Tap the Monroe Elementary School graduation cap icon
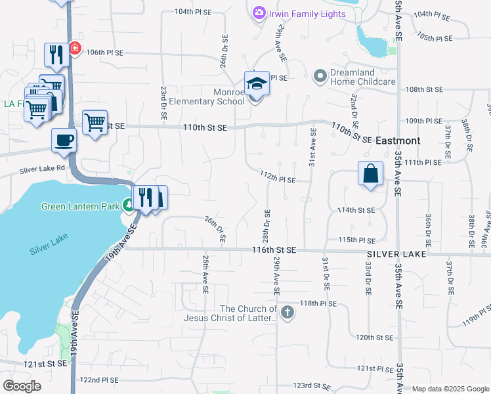point(257,84)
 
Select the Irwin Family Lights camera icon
point(259,12)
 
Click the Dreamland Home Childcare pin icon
point(320,76)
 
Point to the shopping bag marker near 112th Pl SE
point(370,174)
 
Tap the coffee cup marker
point(64,140)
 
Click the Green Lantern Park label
point(80,206)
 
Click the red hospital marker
point(75,49)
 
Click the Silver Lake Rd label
point(43,169)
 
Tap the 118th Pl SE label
point(318,304)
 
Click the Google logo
point(22,386)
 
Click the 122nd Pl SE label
point(98,380)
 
